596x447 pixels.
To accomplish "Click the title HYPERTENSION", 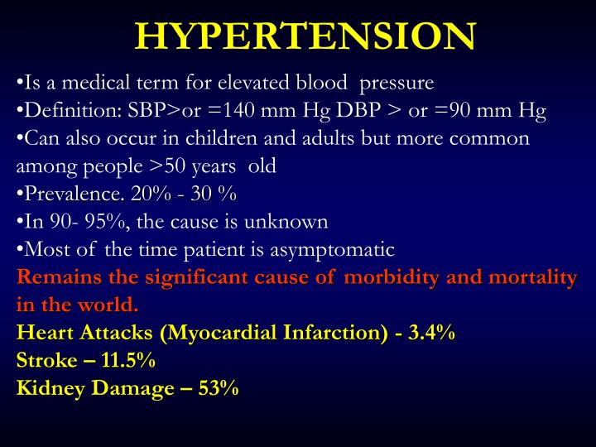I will click(305, 35).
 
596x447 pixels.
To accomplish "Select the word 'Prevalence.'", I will click(72, 194).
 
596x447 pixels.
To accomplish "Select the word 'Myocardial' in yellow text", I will click(220, 333).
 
